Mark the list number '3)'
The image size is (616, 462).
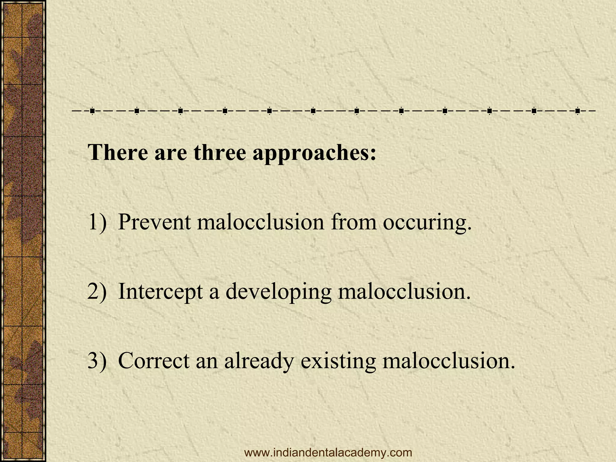click(97, 360)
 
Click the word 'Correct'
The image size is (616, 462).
click(154, 360)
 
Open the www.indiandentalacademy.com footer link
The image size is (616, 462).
click(328, 452)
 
